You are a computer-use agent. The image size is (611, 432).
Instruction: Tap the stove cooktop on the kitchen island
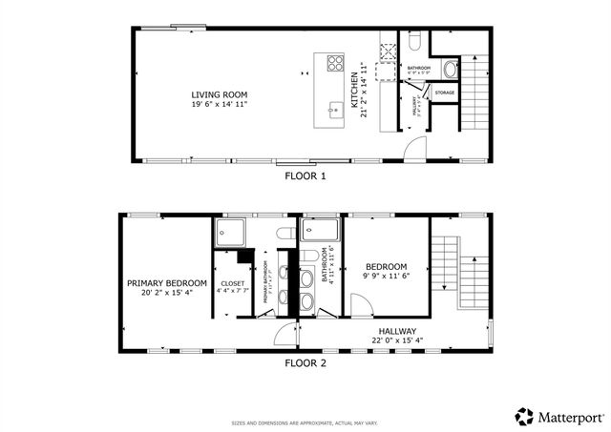[x=336, y=65]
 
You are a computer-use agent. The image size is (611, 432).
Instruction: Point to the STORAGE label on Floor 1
[x=445, y=93]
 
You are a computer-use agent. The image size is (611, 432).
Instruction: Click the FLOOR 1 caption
[x=305, y=176]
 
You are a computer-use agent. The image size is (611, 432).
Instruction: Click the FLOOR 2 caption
[x=305, y=362]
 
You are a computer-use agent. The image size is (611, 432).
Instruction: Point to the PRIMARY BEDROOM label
[x=167, y=283]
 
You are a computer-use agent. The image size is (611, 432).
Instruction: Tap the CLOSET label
[x=233, y=283]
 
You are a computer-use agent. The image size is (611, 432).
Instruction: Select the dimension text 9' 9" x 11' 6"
[x=387, y=276]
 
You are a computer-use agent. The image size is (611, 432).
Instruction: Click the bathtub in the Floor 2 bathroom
[x=320, y=230]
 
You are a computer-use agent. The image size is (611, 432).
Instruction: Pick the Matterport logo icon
[x=524, y=416]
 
